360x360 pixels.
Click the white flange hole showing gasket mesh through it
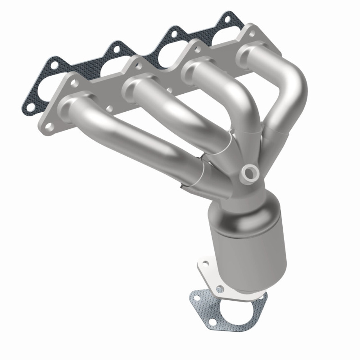point(220,288)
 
